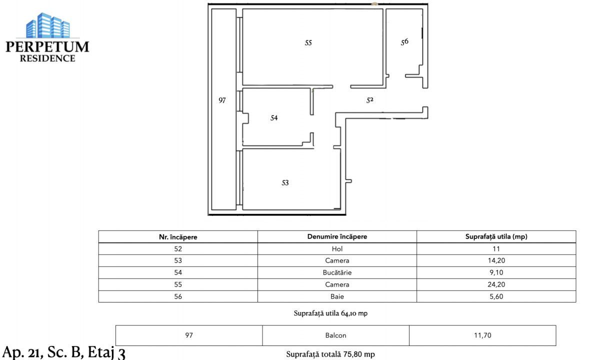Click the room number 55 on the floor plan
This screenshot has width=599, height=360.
pos(308,43)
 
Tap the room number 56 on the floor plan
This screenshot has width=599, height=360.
pos(404,42)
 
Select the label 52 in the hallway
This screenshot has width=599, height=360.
pos(370,100)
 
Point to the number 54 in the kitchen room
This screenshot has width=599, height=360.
pos(273,118)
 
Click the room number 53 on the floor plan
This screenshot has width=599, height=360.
pos(285,183)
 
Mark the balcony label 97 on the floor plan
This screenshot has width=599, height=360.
pos(222,100)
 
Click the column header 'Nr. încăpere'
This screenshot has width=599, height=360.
pos(178,237)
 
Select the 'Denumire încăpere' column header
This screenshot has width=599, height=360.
pos(337,237)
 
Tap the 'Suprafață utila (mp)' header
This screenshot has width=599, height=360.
pos(496,237)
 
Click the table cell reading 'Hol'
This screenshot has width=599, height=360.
pos(337,248)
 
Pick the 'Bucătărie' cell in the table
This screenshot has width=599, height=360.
pos(337,272)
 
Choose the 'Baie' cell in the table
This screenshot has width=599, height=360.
pos(337,296)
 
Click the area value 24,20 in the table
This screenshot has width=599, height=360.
pos(496,284)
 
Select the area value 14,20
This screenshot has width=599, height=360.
pos(496,260)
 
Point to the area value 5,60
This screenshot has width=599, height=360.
pos(496,296)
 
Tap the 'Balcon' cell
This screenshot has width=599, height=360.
pos(335,335)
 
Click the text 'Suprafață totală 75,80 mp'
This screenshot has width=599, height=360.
pos(330,354)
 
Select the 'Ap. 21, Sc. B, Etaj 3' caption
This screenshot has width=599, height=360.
pos(64,351)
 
